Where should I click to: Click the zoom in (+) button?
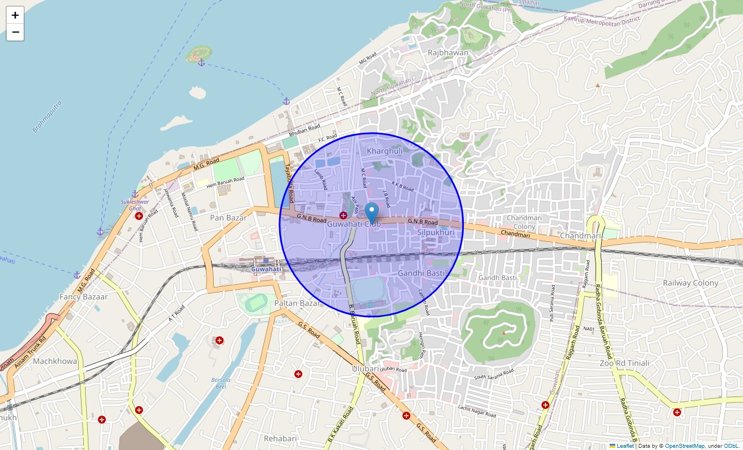point(15,15)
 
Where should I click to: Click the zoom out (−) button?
point(15,33)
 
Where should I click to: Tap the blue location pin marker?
point(371,213)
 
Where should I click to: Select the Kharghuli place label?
point(385,151)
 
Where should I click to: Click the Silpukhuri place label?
point(436,232)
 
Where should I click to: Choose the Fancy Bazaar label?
point(83,296)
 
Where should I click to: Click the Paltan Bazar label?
point(297,303)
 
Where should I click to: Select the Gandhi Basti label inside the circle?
point(422,273)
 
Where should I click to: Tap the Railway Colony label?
point(690,283)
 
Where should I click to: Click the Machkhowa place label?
point(55,361)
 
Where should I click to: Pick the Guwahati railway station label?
point(266,269)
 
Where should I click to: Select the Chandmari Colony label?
point(525,222)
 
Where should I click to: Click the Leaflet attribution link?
point(625,446)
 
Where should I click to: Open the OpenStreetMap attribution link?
point(684,446)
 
